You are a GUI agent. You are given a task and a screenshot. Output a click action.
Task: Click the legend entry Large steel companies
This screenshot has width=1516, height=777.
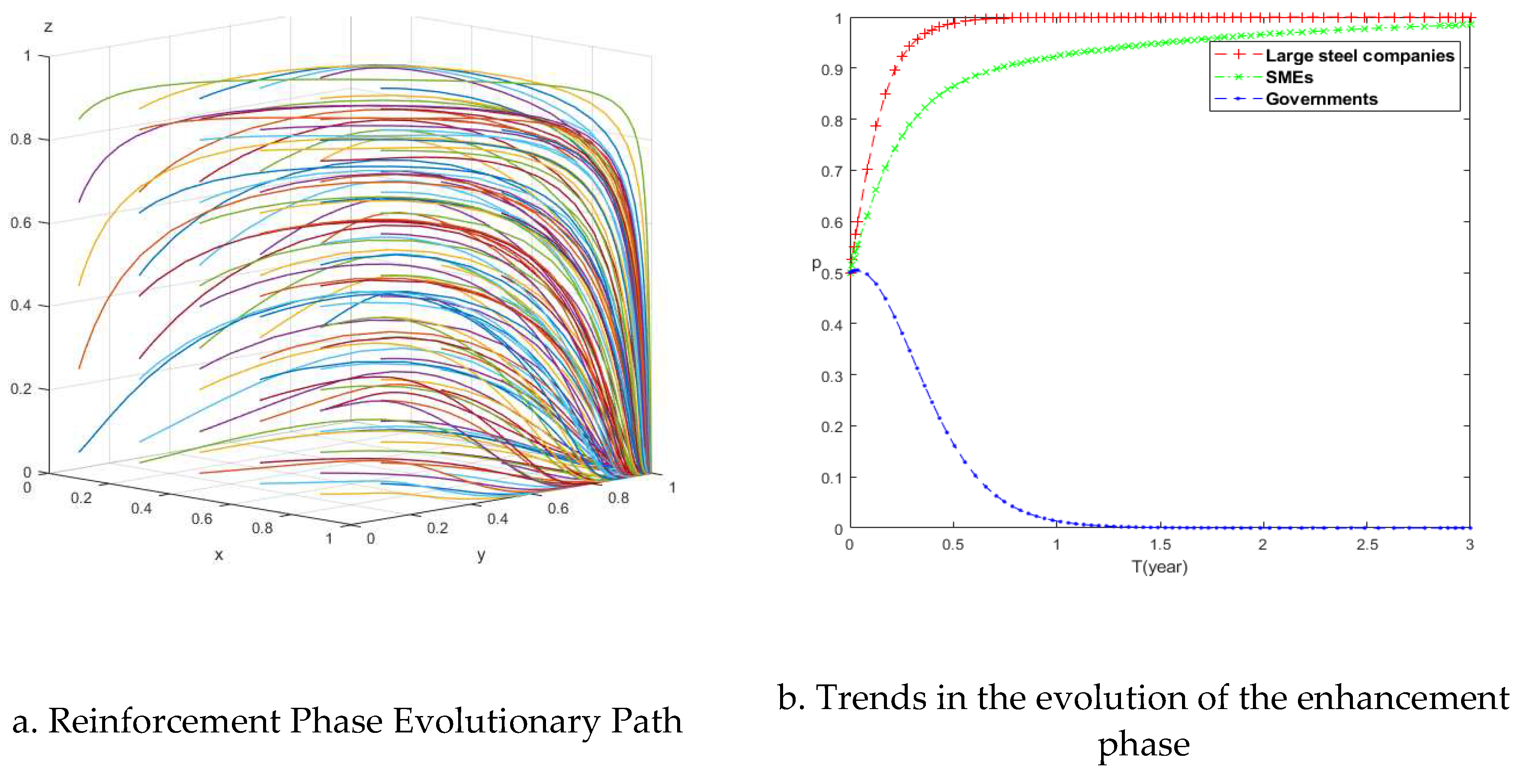click(x=1359, y=55)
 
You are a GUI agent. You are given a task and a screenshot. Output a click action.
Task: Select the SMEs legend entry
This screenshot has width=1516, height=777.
click(x=1289, y=77)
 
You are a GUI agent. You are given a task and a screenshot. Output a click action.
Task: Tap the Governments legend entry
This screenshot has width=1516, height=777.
click(x=1321, y=99)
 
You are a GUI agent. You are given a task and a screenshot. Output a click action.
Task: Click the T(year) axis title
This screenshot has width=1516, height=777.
click(x=1159, y=567)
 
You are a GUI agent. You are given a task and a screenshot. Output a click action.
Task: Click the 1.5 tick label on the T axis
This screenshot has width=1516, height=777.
click(x=1160, y=545)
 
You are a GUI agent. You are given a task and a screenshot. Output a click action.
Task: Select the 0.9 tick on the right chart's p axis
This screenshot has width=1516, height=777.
click(x=832, y=70)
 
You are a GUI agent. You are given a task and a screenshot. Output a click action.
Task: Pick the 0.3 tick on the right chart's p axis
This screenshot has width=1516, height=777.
click(x=832, y=376)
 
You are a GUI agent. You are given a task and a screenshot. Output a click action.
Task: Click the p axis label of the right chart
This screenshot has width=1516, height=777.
click(x=816, y=264)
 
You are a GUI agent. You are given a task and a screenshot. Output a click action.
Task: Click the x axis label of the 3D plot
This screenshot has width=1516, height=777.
click(x=219, y=555)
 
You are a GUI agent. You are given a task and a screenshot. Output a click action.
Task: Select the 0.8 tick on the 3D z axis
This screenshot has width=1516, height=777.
click(x=21, y=139)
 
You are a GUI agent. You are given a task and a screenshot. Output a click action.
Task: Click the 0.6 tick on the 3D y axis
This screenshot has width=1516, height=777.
click(x=558, y=508)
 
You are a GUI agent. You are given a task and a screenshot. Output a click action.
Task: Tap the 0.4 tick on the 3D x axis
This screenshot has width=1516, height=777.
click(x=141, y=508)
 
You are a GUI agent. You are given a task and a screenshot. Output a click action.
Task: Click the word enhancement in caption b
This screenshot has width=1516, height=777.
click(x=1403, y=698)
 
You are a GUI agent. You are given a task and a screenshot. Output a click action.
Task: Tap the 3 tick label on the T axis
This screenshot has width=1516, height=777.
click(x=1470, y=545)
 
